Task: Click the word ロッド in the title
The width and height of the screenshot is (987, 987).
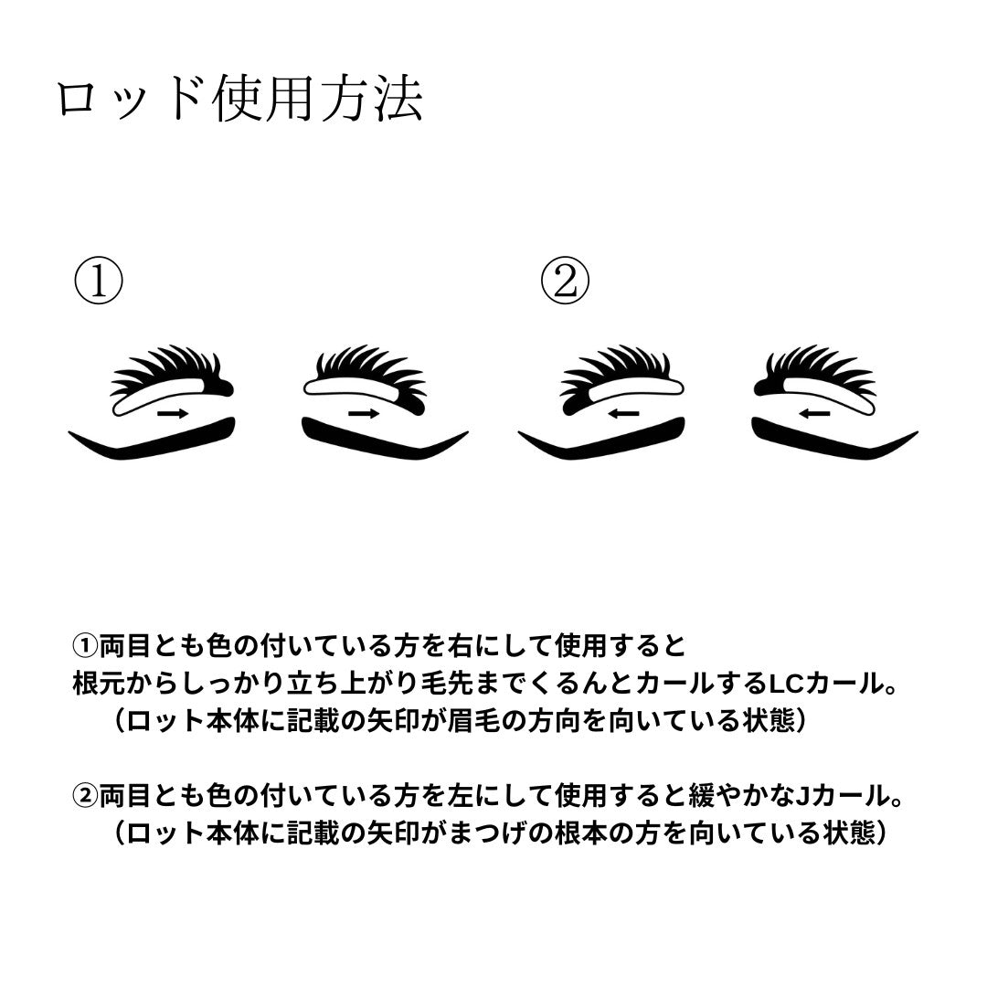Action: [131, 100]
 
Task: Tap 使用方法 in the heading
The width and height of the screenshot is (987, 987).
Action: [318, 99]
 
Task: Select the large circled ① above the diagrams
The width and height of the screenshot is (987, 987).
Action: [99, 281]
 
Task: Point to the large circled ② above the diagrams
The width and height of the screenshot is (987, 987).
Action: [566, 281]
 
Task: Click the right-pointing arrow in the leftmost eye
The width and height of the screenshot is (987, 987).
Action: [173, 414]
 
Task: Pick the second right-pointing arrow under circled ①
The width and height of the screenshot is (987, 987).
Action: [364, 414]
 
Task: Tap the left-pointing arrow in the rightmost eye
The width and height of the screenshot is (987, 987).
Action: [814, 414]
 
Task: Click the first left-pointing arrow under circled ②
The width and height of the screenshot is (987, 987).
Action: [624, 414]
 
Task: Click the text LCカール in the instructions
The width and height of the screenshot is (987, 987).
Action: [824, 683]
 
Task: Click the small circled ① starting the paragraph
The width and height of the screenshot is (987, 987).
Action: [85, 646]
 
